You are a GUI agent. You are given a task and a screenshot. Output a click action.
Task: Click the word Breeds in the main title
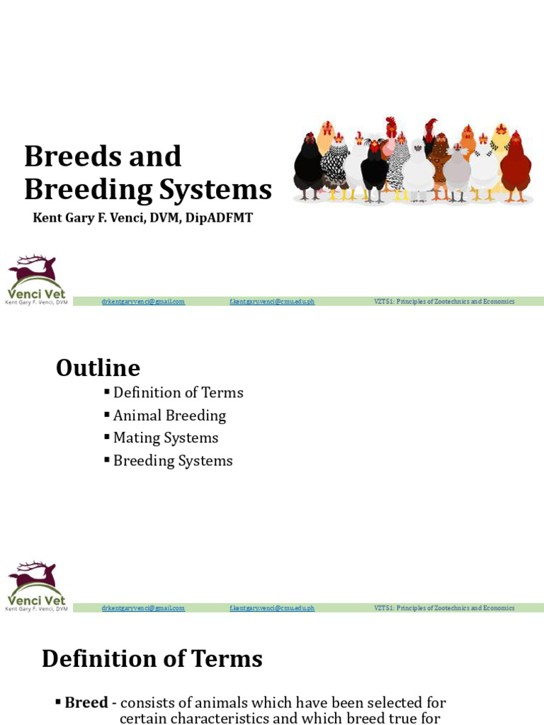pos(65,156)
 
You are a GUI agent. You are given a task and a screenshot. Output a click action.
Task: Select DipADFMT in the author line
pos(219,217)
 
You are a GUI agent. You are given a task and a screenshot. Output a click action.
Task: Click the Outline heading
pos(98,368)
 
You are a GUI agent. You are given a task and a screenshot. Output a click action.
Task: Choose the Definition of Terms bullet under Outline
pos(178,392)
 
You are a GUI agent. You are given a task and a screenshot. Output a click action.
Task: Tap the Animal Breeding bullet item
pos(169,415)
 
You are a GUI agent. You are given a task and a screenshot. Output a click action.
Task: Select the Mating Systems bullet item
pos(166,438)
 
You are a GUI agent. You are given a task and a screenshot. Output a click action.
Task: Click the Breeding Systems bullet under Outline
pos(173,460)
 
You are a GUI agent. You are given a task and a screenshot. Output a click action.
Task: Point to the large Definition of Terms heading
pos(152,658)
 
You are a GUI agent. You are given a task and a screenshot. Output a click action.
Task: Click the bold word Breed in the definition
pos(86,702)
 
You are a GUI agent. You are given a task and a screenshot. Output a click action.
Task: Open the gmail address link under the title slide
pos(143,302)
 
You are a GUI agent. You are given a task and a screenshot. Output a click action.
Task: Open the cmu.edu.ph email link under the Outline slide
pos(271,608)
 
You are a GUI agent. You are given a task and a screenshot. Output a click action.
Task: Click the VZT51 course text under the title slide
pos(444,302)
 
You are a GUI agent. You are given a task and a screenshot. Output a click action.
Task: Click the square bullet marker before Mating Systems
pos(107,437)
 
